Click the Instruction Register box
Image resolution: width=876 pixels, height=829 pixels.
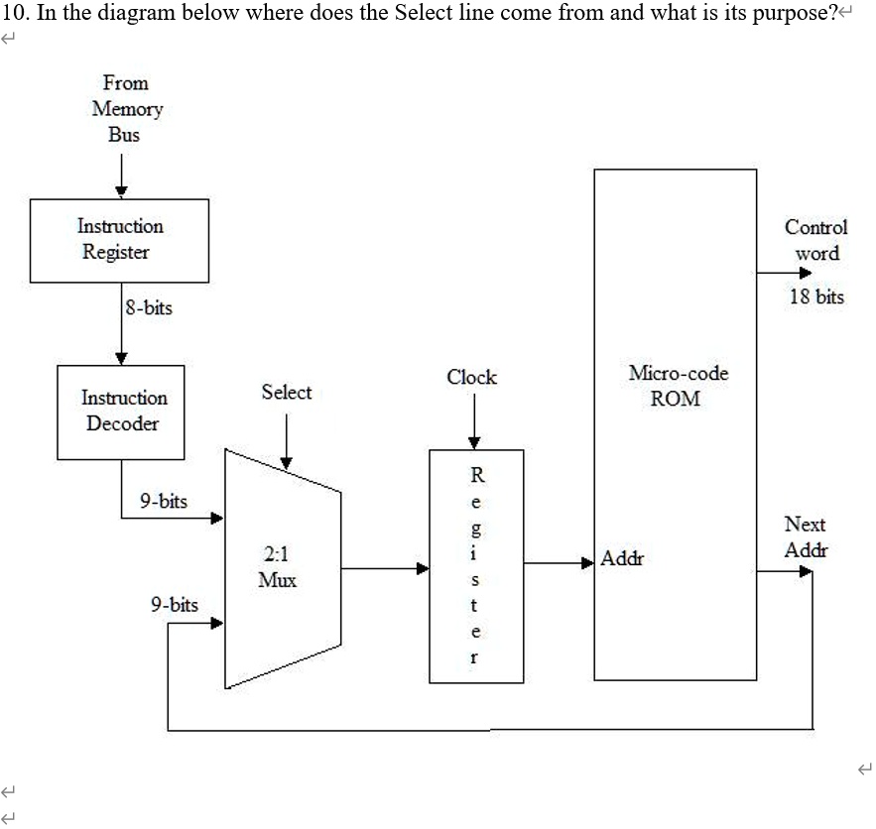point(119,240)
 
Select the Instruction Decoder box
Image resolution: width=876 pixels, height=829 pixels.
point(121,412)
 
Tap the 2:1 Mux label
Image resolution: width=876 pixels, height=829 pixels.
point(277,566)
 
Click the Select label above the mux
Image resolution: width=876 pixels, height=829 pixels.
point(286,393)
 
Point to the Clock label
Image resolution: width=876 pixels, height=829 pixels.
point(471,378)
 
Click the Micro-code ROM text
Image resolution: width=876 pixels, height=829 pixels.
point(678,386)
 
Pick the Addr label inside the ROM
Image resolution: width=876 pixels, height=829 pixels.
point(622,559)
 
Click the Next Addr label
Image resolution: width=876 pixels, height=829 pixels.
point(805,536)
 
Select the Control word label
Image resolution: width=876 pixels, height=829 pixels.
point(816,240)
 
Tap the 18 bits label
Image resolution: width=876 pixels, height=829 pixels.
point(816,296)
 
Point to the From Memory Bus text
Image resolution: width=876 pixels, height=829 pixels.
point(125,109)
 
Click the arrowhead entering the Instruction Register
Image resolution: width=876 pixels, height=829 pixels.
point(120,192)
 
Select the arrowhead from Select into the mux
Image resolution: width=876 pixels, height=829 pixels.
point(286,462)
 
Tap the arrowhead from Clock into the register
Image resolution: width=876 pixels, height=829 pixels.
point(474,443)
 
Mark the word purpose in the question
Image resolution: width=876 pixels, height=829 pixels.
point(790,14)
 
